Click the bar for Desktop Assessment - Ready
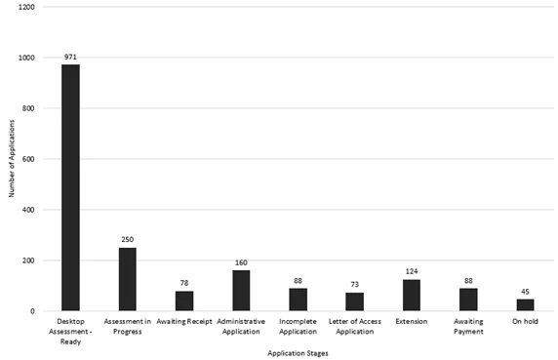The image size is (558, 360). pyautogui.click(x=70, y=187)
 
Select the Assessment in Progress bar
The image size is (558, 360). pyautogui.click(x=127, y=279)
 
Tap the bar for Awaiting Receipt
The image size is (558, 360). pyautogui.click(x=184, y=300)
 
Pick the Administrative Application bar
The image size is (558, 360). pyautogui.click(x=241, y=290)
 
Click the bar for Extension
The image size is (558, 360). pyautogui.click(x=411, y=295)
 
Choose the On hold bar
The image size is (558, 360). pyautogui.click(x=525, y=304)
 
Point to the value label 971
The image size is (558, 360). pyautogui.click(x=70, y=57)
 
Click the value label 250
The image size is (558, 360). pyautogui.click(x=127, y=239)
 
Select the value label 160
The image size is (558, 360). pyautogui.click(x=241, y=261)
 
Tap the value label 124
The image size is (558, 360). pyautogui.click(x=411, y=270)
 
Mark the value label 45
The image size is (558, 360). pyautogui.click(x=525, y=291)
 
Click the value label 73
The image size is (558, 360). pyautogui.click(x=354, y=284)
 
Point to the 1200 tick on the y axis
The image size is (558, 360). pyautogui.click(x=26, y=7)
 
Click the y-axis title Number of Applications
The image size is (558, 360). pyautogui.click(x=11, y=159)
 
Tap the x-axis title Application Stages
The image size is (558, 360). pyautogui.click(x=297, y=352)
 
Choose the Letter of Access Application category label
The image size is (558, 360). pyautogui.click(x=354, y=326)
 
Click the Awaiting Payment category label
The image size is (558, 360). pyautogui.click(x=468, y=326)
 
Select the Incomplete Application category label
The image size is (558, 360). pyautogui.click(x=298, y=326)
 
